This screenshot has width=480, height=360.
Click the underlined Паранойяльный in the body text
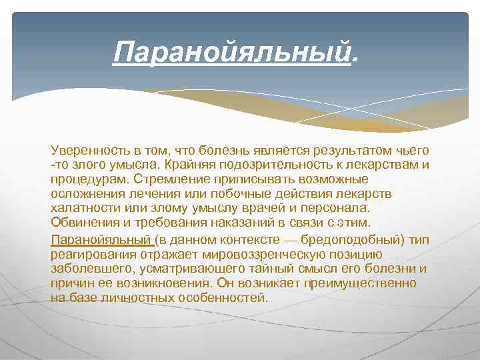tap(100, 241)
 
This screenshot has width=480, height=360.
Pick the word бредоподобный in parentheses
tap(353, 241)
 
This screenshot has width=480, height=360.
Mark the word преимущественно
tap(361, 283)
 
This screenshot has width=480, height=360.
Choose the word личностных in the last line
tap(137, 297)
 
